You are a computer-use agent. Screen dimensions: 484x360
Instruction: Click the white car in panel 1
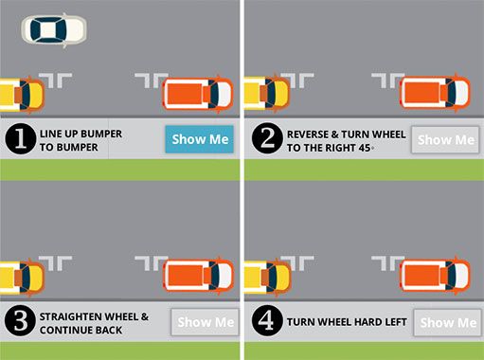click(54, 30)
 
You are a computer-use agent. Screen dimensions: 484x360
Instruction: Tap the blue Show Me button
click(200, 139)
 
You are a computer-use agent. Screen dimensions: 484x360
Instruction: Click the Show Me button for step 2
click(445, 140)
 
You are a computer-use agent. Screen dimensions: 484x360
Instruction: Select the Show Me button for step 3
click(206, 322)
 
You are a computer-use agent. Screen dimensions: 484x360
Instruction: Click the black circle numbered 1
click(21, 138)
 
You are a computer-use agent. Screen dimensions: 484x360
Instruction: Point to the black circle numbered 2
click(267, 138)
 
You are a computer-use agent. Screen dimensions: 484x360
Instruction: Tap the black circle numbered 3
click(20, 320)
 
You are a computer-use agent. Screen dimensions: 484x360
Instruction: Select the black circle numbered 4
click(267, 320)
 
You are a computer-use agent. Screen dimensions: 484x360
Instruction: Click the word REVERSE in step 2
click(308, 135)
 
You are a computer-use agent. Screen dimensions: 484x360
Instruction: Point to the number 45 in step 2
click(365, 148)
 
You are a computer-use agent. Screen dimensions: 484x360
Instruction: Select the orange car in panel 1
click(198, 95)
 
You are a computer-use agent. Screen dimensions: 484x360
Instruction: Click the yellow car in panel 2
click(267, 94)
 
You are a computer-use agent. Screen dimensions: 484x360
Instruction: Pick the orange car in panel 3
click(198, 276)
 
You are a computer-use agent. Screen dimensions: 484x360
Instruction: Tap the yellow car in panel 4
click(268, 277)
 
